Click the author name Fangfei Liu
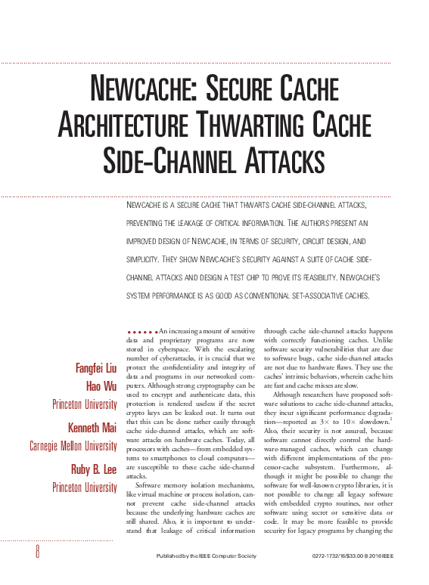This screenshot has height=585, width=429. tap(96, 369)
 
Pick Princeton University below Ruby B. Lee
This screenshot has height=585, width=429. tap(84, 487)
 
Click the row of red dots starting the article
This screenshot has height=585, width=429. tap(141, 331)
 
